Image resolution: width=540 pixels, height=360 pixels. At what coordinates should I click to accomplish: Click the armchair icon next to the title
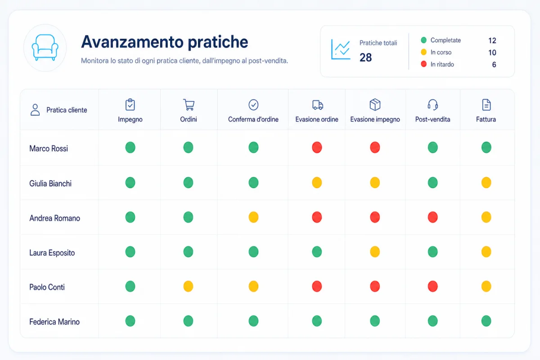point(45,48)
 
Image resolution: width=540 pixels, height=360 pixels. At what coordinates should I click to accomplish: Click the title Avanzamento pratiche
point(164,42)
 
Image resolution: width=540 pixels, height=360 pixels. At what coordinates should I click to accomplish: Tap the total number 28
point(365,58)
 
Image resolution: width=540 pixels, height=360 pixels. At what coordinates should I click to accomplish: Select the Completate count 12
point(492,40)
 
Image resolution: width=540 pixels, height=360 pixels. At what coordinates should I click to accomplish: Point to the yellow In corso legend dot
point(423,52)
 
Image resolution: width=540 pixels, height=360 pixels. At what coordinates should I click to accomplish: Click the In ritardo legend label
point(442,64)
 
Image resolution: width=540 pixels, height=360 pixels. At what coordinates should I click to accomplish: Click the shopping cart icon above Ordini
point(189,105)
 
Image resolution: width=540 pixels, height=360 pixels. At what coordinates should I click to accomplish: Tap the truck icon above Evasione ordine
point(318,105)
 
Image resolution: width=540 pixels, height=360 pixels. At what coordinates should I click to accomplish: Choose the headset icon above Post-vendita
point(433,105)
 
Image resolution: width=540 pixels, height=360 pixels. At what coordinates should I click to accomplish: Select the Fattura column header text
point(486,119)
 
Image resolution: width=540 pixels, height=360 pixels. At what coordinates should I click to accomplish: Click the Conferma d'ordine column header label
point(253,119)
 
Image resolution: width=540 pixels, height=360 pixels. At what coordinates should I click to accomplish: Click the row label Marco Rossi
point(49,148)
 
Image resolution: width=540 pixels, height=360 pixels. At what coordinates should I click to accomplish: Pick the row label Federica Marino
point(54,322)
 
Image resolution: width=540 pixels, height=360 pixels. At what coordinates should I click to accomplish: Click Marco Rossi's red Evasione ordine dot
point(317,147)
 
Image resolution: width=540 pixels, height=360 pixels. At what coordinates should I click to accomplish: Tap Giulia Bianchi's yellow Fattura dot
point(486,183)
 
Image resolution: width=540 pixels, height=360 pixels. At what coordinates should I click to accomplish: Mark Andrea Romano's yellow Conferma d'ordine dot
point(253,217)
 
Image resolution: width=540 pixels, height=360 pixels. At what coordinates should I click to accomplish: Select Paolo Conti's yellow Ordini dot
point(188,287)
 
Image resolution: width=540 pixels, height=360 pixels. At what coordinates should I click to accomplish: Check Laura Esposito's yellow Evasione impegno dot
point(375,252)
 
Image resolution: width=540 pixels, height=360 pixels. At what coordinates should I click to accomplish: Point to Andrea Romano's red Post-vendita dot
point(433,217)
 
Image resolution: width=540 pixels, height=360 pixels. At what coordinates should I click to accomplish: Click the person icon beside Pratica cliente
point(35,110)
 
